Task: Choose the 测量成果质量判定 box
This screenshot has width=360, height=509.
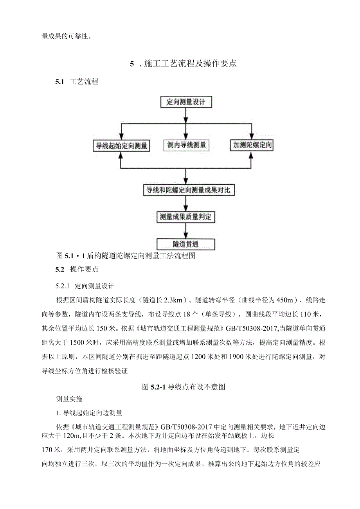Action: (185, 216)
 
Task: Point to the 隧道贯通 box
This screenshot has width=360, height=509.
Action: (185, 244)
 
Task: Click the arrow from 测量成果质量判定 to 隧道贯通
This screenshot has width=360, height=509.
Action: (185, 230)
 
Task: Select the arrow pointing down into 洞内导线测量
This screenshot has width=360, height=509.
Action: (185, 129)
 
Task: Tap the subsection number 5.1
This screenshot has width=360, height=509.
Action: (59, 82)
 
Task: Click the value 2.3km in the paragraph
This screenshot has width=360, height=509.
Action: (172, 300)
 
